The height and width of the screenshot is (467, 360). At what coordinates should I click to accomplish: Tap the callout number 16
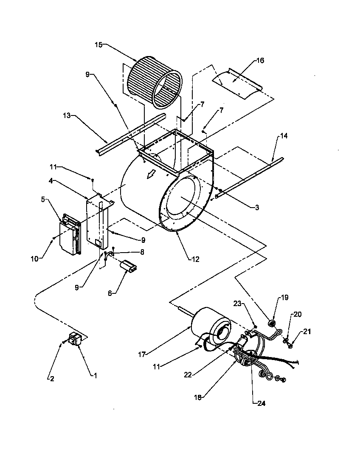point(260,61)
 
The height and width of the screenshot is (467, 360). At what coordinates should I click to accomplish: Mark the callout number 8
point(142,252)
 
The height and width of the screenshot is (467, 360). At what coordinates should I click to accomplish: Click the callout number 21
point(307,331)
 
